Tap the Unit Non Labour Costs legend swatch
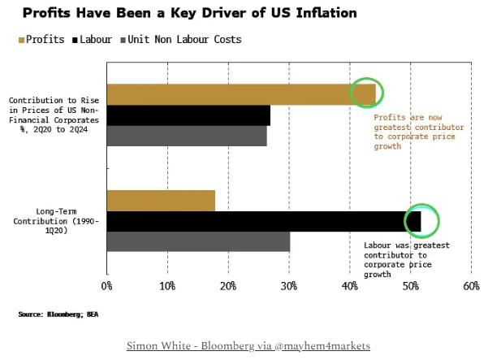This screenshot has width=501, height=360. tap(123, 39)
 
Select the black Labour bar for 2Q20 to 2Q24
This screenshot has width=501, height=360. tap(188, 115)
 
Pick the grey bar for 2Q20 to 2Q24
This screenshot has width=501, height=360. tap(187, 136)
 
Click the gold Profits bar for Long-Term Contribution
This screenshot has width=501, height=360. tap(161, 200)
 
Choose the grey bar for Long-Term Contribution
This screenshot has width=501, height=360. tap(198, 242)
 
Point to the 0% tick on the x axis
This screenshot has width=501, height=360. tap(106, 286)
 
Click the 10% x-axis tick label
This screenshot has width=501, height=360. tap(167, 286)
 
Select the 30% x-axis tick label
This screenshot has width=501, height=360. tap(289, 286)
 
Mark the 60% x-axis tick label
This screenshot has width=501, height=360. tap(472, 286)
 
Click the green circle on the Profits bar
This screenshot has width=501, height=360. tap(366, 93)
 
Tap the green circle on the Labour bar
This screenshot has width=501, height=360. tap(421, 220)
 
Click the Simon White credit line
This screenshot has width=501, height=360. tap(248, 345)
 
